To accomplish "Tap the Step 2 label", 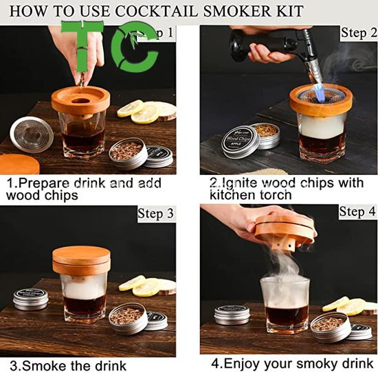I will click(x=358, y=33).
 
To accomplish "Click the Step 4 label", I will click(x=357, y=212).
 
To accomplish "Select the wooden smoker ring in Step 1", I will click(x=80, y=104).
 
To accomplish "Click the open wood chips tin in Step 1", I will click(x=128, y=152).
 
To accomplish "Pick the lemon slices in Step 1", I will click(x=148, y=111).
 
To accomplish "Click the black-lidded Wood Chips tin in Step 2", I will click(x=241, y=141).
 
